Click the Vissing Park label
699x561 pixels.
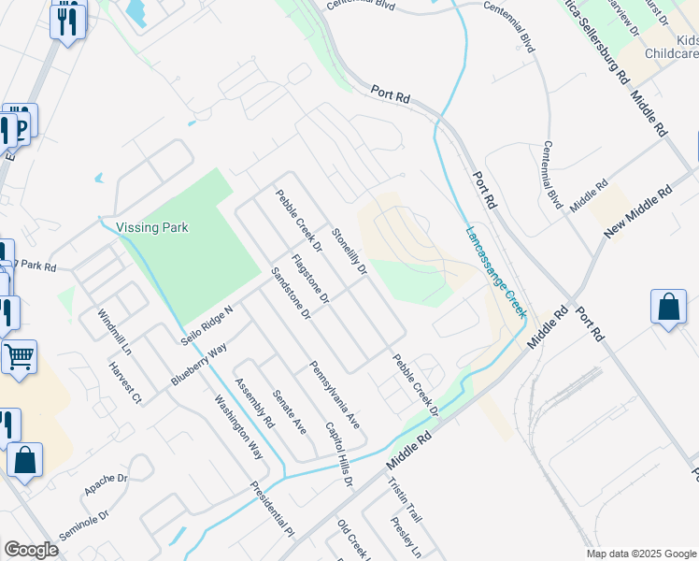coord(152,227)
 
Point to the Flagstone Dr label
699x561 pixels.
coord(310,279)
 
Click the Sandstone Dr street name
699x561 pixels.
coord(290,294)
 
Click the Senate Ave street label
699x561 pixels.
coord(289,411)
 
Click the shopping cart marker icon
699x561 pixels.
coord(19,355)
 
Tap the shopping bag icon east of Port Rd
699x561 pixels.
coord(669,307)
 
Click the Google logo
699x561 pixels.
coord(31,550)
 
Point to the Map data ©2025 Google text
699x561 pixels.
coord(640,554)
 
